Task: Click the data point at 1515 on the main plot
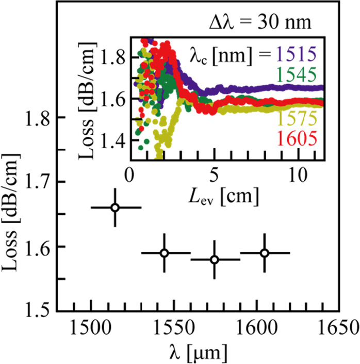[115, 208]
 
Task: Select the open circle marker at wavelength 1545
[164, 253]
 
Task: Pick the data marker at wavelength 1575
[215, 259]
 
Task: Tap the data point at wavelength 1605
[264, 253]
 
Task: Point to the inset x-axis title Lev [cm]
[223, 196]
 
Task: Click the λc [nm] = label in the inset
[229, 54]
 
